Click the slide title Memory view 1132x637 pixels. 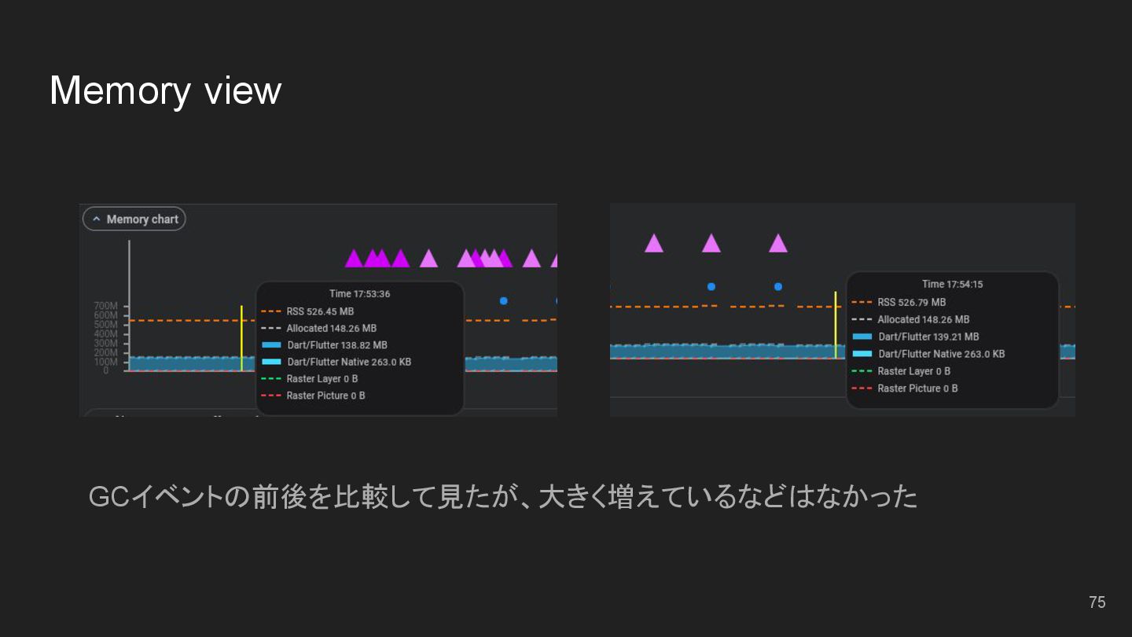(x=165, y=90)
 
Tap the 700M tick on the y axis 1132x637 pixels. (x=105, y=306)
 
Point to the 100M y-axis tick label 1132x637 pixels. (x=105, y=362)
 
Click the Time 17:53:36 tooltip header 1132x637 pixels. (x=359, y=294)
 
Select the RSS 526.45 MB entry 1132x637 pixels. (x=319, y=311)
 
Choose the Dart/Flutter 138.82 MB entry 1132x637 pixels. (x=336, y=345)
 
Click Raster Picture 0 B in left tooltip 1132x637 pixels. (x=325, y=396)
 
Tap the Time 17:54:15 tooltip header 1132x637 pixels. (x=952, y=284)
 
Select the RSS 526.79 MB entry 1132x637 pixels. (x=911, y=302)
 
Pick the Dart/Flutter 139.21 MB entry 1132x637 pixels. (x=928, y=337)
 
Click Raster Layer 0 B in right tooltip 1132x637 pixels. (x=913, y=371)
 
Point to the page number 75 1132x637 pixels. (x=1097, y=602)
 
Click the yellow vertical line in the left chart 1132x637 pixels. (x=241, y=338)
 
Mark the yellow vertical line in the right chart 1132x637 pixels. (x=835, y=324)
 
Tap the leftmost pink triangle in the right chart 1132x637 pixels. (x=654, y=244)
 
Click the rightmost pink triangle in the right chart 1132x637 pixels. (x=778, y=244)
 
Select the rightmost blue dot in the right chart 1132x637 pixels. (x=778, y=287)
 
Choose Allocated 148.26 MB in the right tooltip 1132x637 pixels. (x=923, y=319)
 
